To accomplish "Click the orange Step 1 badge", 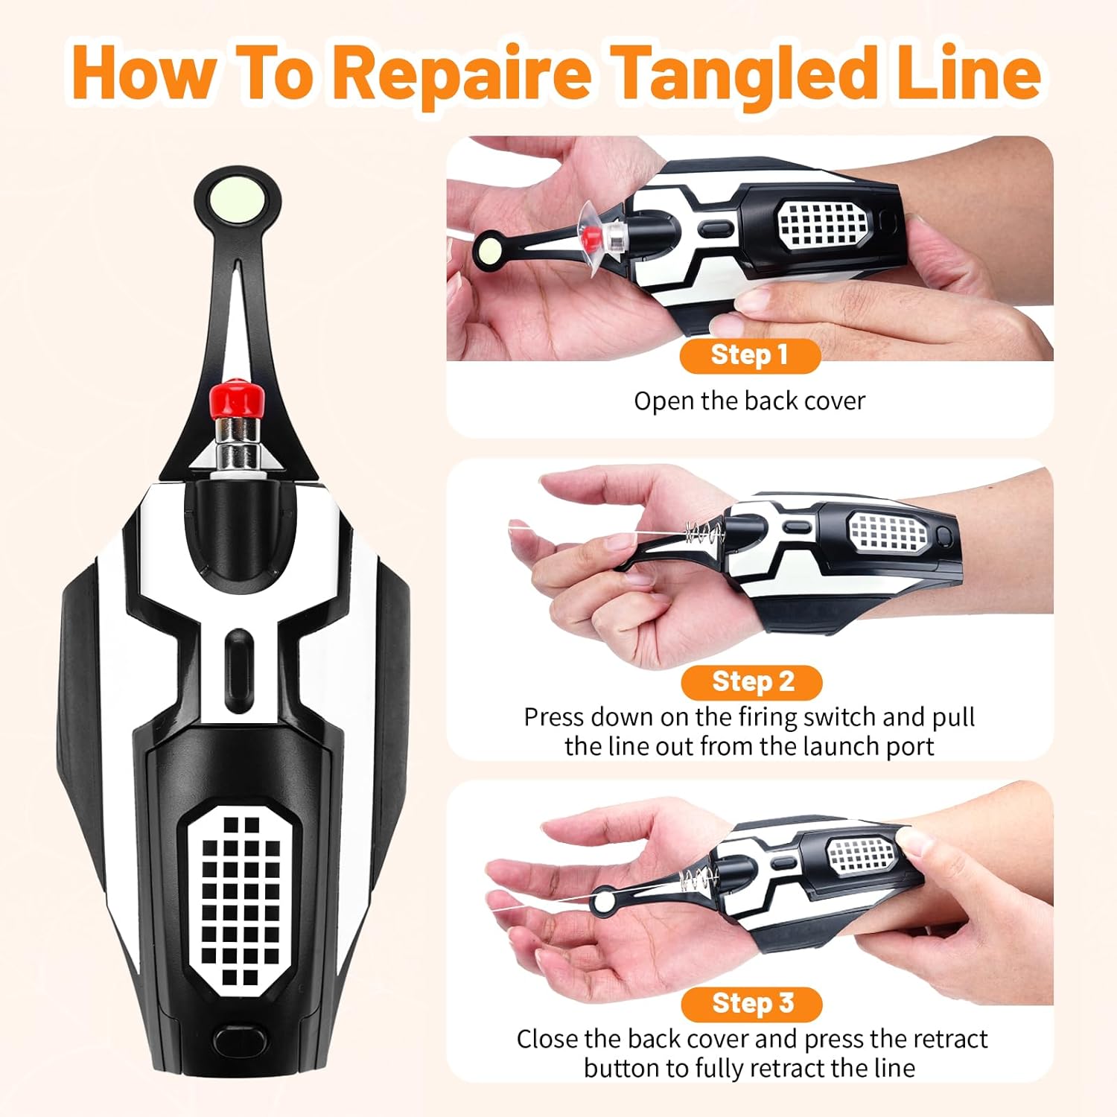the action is click(x=750, y=355).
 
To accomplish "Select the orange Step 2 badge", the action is click(x=751, y=682).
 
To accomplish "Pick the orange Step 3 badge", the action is click(x=751, y=1004).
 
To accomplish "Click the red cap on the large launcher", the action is click(x=237, y=400).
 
